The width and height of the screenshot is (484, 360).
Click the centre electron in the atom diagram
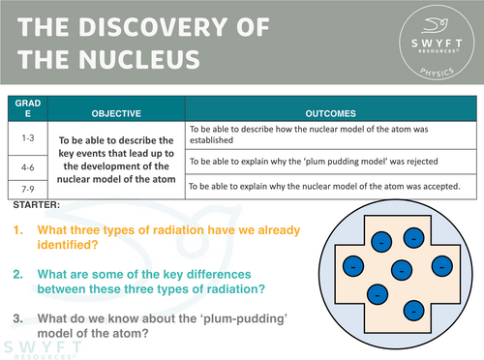click(400, 269)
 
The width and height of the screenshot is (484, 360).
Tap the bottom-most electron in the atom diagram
click(412, 310)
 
